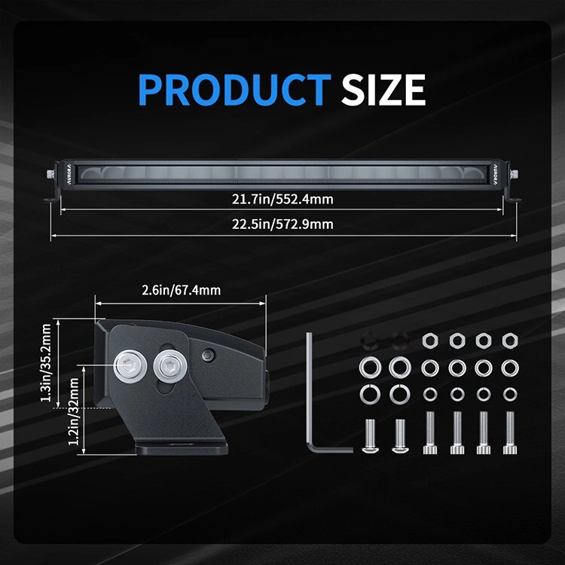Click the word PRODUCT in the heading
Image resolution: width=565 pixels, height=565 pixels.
click(234, 90)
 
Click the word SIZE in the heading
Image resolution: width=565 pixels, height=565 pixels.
click(383, 90)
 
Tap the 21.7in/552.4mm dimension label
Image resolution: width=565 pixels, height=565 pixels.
click(282, 200)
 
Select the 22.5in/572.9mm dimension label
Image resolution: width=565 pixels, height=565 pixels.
click(282, 224)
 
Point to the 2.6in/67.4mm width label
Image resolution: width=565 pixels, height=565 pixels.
click(181, 291)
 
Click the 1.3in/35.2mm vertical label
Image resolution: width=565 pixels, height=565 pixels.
click(46, 363)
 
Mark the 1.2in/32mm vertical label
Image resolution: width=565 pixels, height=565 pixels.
click(74, 411)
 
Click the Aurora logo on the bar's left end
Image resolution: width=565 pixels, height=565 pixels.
click(69, 175)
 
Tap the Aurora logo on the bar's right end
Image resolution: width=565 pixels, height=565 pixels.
click(496, 175)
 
